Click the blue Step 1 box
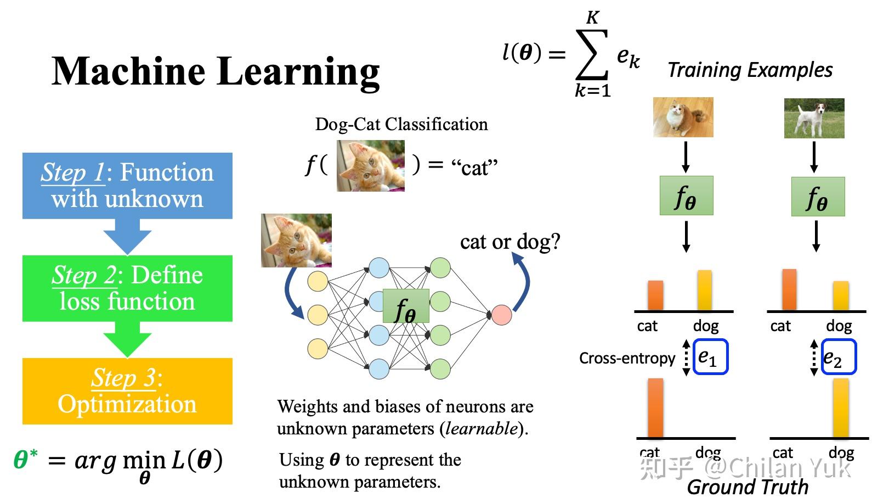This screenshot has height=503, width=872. point(127,186)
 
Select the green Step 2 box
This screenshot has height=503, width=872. point(127,288)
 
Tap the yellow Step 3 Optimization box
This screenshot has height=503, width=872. point(127,391)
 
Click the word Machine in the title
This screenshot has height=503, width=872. point(128,71)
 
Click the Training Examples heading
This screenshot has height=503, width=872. point(750,70)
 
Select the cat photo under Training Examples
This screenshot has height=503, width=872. point(683,118)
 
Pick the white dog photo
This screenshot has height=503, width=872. point(814,118)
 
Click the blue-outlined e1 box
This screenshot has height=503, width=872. point(710,357)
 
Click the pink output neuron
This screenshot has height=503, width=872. point(501,315)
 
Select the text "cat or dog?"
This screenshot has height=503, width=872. point(510,242)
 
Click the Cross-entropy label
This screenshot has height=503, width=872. point(627,358)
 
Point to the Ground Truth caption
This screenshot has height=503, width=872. point(748,487)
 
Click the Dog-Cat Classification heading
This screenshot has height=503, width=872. point(401,124)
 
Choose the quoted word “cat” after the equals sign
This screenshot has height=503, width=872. point(474,167)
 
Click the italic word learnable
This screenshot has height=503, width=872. point(481,428)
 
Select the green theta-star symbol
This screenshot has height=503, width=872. point(25,459)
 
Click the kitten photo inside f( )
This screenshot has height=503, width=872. point(370,165)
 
